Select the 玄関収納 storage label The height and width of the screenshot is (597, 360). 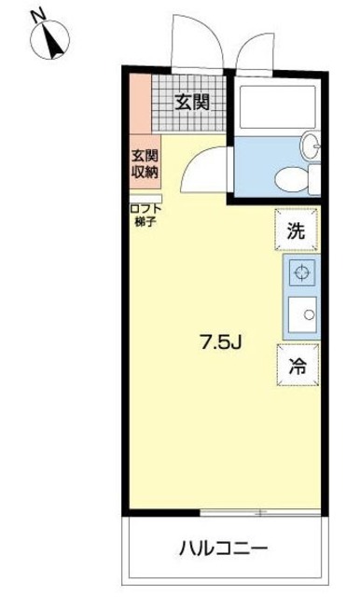(144, 163)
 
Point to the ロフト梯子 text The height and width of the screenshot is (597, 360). (144, 215)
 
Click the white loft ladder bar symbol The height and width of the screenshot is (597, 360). (145, 197)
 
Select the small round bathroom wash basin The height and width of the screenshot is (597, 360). (312, 145)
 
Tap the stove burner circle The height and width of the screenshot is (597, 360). (301, 273)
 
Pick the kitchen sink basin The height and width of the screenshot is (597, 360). (302, 315)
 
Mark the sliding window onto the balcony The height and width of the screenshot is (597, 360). (224, 511)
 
